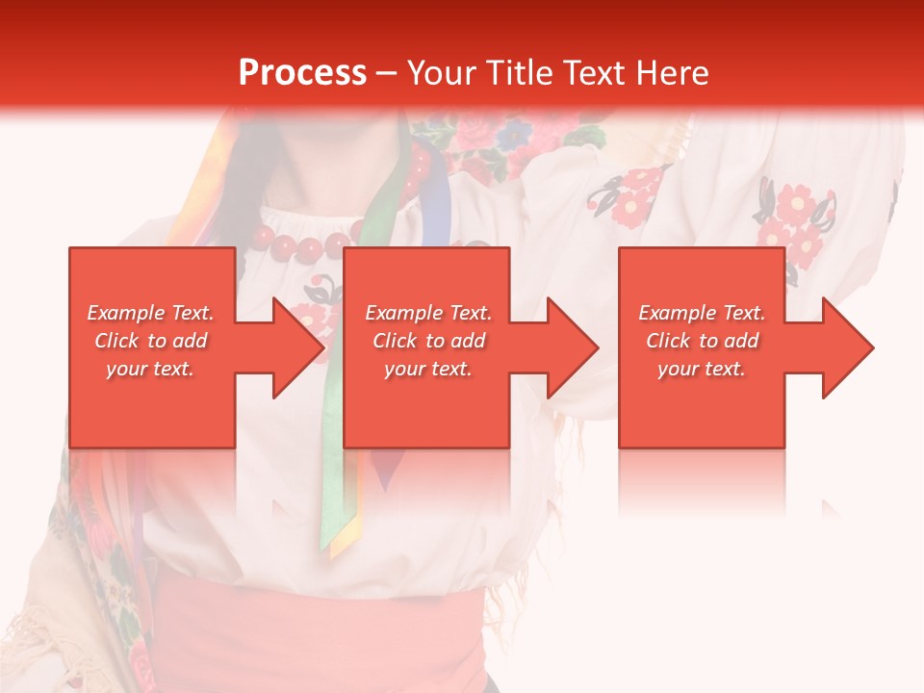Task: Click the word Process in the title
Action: [x=302, y=73]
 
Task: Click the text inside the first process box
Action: [x=151, y=341]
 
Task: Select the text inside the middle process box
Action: [x=428, y=341]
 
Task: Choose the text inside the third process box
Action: [x=702, y=341]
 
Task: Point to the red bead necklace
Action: [x=308, y=245]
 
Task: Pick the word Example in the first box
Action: [x=120, y=313]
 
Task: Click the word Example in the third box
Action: [x=672, y=313]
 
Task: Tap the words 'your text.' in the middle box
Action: [x=428, y=369]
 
